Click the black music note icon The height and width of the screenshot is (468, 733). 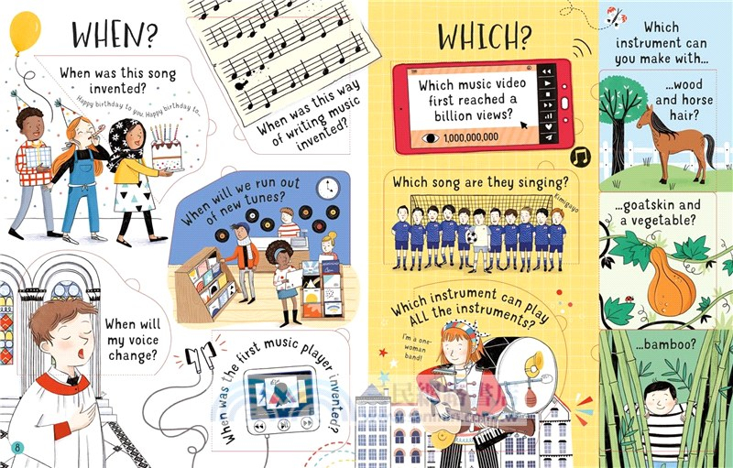(x=580, y=158)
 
